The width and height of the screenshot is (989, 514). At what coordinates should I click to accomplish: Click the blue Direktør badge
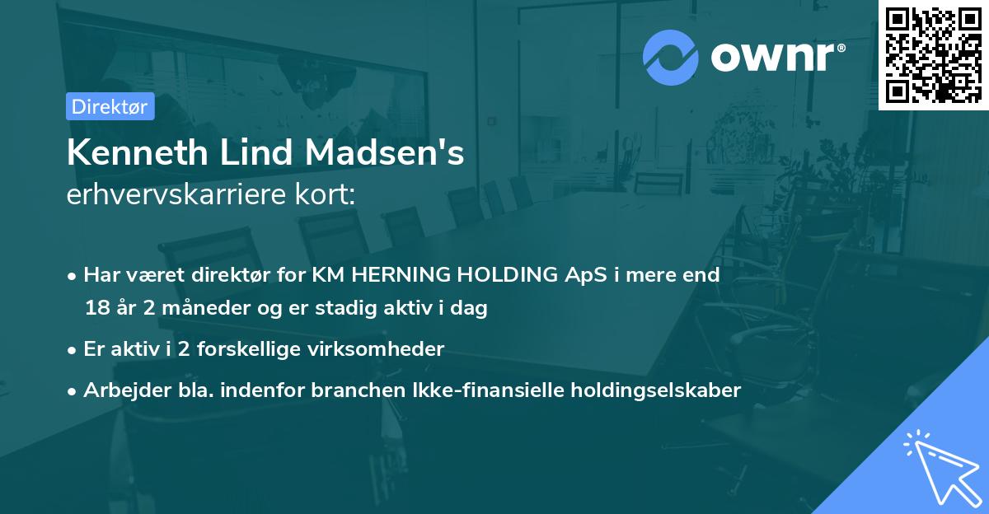pyautogui.click(x=110, y=106)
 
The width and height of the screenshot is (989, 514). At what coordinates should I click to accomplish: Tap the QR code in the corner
pyautogui.click(x=934, y=54)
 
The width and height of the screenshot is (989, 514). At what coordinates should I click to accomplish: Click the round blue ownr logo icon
pyautogui.click(x=671, y=58)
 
